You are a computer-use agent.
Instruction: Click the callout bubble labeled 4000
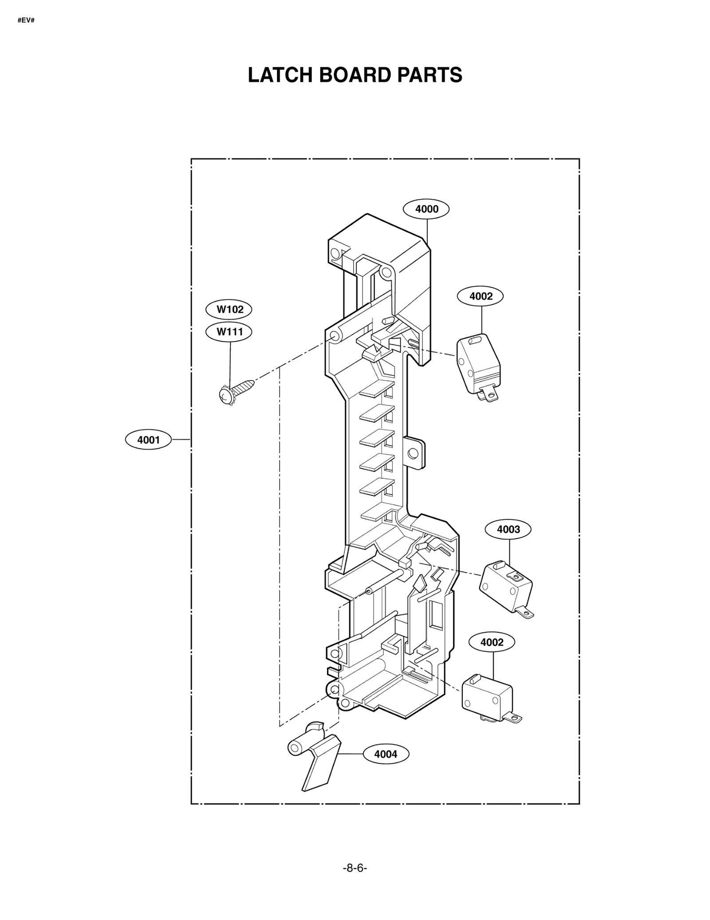[426, 209]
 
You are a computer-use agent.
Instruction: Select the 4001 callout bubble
[148, 440]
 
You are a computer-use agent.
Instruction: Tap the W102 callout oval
[229, 309]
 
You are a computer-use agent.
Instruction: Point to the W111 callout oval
[229, 332]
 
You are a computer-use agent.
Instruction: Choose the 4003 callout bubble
[508, 529]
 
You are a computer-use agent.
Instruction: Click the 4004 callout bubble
[386, 754]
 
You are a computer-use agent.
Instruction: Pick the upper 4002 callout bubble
[480, 296]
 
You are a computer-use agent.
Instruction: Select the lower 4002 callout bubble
[492, 642]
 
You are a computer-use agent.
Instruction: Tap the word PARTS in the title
[429, 75]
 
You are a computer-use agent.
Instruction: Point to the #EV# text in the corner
[26, 20]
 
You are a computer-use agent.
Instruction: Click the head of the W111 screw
[227, 395]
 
